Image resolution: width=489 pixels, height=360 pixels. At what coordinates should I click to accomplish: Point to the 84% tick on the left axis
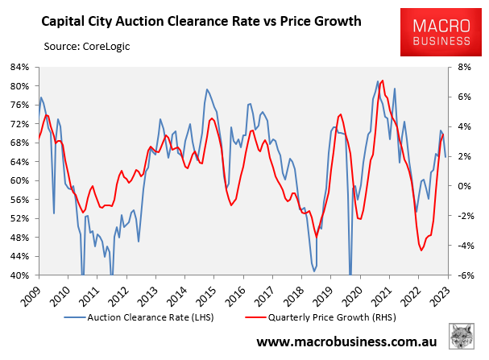[17, 68]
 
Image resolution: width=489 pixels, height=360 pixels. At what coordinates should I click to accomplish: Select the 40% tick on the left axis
[17, 275]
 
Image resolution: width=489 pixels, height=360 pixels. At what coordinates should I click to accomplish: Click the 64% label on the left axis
[17, 162]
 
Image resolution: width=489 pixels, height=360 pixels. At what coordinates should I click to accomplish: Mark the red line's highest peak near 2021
[382, 81]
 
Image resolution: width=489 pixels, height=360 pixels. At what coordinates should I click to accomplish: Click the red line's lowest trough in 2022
[421, 250]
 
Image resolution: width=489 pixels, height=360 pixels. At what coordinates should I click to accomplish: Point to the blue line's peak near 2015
[207, 89]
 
